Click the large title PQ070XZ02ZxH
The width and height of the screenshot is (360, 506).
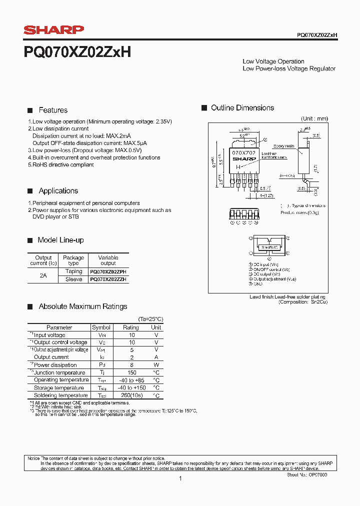77,51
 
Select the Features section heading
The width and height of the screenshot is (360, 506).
53,110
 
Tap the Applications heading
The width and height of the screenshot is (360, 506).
58,190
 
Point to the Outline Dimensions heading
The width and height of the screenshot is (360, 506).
242,108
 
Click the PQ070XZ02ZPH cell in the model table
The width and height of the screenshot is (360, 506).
108,271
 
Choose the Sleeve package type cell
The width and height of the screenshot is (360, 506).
73,279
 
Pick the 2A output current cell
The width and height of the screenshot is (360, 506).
43,275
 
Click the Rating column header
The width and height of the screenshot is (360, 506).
131,327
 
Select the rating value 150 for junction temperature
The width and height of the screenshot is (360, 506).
131,372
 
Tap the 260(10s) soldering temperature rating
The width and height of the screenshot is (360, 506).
131,395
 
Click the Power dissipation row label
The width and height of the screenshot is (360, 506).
55,365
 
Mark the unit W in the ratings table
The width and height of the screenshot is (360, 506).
156,365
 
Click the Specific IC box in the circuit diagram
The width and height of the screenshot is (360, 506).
269,247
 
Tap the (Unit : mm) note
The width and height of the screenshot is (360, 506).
314,118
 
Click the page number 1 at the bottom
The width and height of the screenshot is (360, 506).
180,478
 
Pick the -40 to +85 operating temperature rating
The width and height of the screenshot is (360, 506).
131,380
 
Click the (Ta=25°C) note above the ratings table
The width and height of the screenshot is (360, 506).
150,319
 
